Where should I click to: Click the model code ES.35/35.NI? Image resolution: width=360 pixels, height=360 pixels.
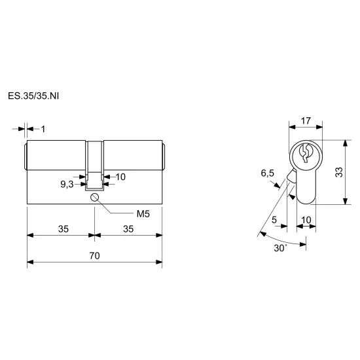coord(33,96)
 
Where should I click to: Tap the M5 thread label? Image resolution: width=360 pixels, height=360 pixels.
coord(143,214)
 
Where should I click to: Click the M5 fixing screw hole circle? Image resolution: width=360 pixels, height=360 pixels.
coord(95,197)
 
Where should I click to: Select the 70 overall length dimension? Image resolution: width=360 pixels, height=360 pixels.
coord(95,255)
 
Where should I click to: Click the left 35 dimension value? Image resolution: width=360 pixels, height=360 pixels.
coord(63,229)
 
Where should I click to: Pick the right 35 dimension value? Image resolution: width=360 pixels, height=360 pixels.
coord(128,229)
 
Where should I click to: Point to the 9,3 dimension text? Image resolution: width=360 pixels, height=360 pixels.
coord(67,184)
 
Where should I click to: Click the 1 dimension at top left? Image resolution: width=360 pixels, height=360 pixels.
coord(43,129)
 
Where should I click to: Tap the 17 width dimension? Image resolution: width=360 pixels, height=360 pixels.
coord(306,121)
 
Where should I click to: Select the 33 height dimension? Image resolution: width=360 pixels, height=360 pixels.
coord(339,172)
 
